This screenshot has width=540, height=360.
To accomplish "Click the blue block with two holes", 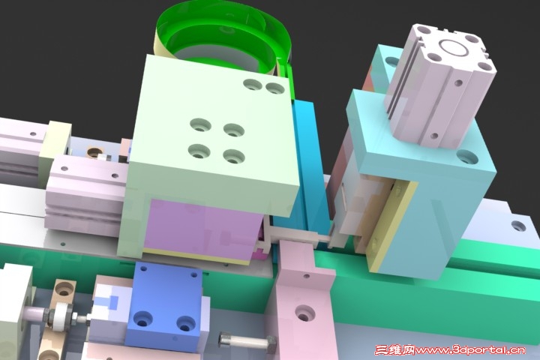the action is [x=165, y=306].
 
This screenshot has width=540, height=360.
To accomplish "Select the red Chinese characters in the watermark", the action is [x=394, y=350].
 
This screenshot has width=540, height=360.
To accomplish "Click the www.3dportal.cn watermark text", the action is [x=470, y=351].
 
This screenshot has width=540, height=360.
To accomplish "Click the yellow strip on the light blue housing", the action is [x=392, y=224].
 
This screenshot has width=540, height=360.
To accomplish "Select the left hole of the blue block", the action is [x=143, y=319].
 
